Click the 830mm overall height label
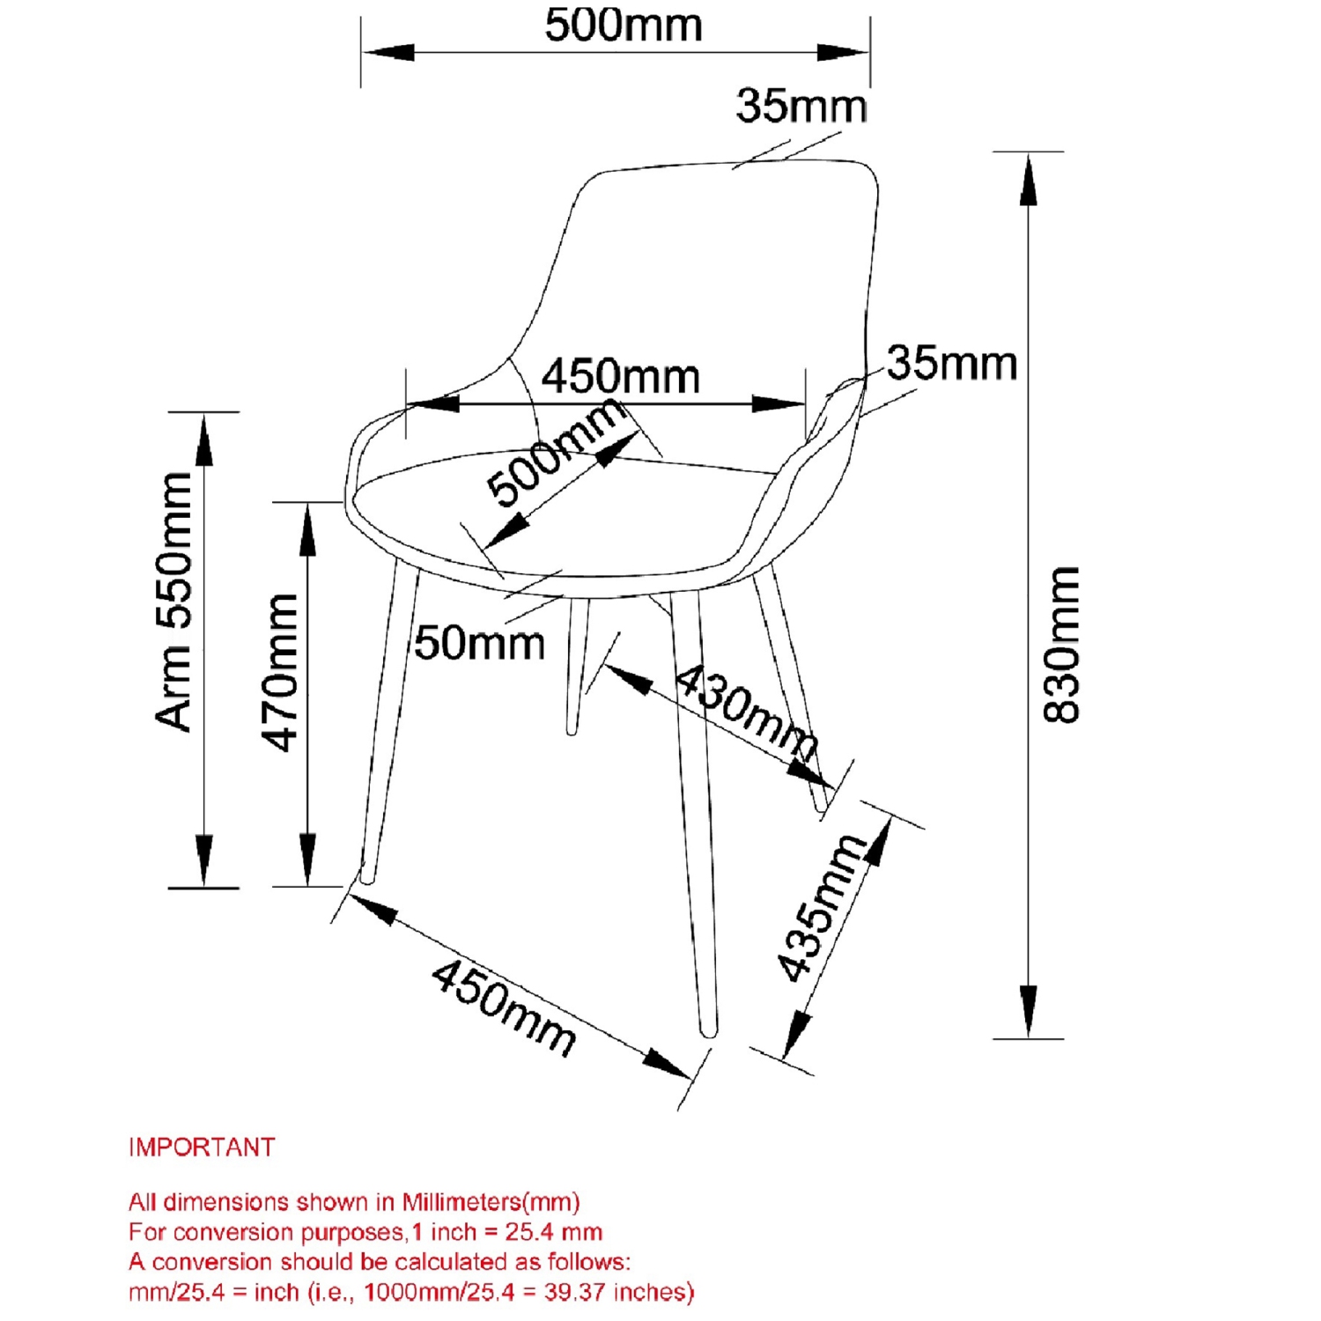point(1061,645)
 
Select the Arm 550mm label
point(174,601)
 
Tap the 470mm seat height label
point(281,672)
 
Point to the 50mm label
point(480,643)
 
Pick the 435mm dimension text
point(821,907)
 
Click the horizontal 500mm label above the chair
point(624,25)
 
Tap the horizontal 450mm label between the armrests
point(620,377)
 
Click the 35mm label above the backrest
point(801,106)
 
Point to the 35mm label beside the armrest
point(951,363)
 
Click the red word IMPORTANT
point(202,1148)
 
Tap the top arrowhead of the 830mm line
point(1028,181)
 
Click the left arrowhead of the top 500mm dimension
point(387,52)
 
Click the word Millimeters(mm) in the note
point(491,1202)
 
